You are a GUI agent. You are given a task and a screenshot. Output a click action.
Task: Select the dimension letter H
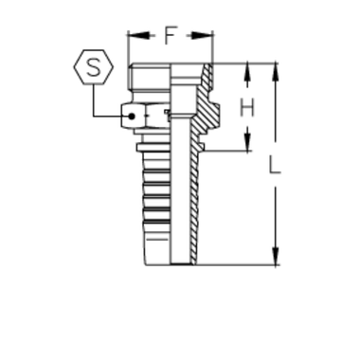coord(244,108)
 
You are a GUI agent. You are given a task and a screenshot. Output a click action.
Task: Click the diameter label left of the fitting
coord(139,117)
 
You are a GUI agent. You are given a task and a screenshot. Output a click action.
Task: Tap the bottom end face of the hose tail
coord(171,260)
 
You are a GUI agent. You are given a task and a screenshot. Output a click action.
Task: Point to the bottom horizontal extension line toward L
coord(237,261)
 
